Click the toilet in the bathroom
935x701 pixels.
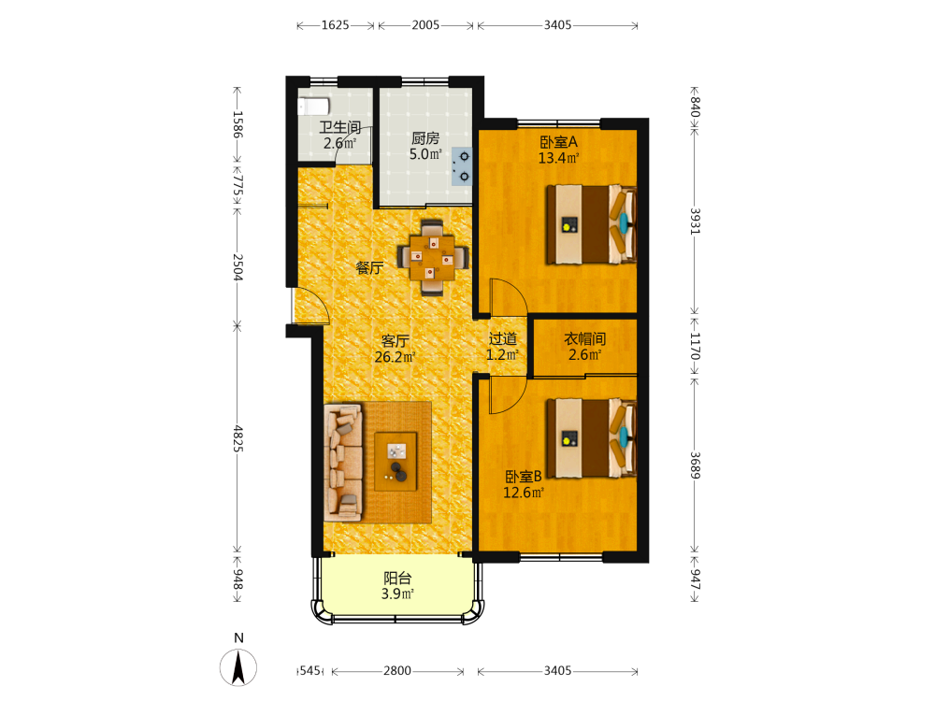pyautogui.click(x=313, y=107)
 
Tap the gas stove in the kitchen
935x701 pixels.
pyautogui.click(x=462, y=166)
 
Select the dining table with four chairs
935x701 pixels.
pyautogui.click(x=433, y=258)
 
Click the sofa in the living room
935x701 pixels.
pyautogui.click(x=344, y=462)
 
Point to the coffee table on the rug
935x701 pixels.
pyautogui.click(x=396, y=462)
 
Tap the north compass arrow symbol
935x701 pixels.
pyautogui.click(x=238, y=667)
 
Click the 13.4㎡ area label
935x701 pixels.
pyautogui.click(x=559, y=158)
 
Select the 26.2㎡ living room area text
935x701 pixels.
pyautogui.click(x=395, y=357)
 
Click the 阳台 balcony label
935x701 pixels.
pyautogui.click(x=397, y=579)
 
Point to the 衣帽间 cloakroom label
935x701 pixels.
pyautogui.click(x=585, y=339)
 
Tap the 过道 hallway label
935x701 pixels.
pyautogui.click(x=503, y=339)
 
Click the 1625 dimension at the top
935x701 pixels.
pyautogui.click(x=335, y=25)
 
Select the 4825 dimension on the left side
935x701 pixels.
pyautogui.click(x=237, y=438)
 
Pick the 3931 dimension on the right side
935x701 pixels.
pyautogui.click(x=696, y=221)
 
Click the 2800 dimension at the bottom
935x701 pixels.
pyautogui.click(x=397, y=670)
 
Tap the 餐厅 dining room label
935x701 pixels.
pyautogui.click(x=369, y=268)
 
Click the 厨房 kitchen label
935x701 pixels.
pyautogui.click(x=425, y=138)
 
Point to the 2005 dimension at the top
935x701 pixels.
pyautogui.click(x=425, y=25)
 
